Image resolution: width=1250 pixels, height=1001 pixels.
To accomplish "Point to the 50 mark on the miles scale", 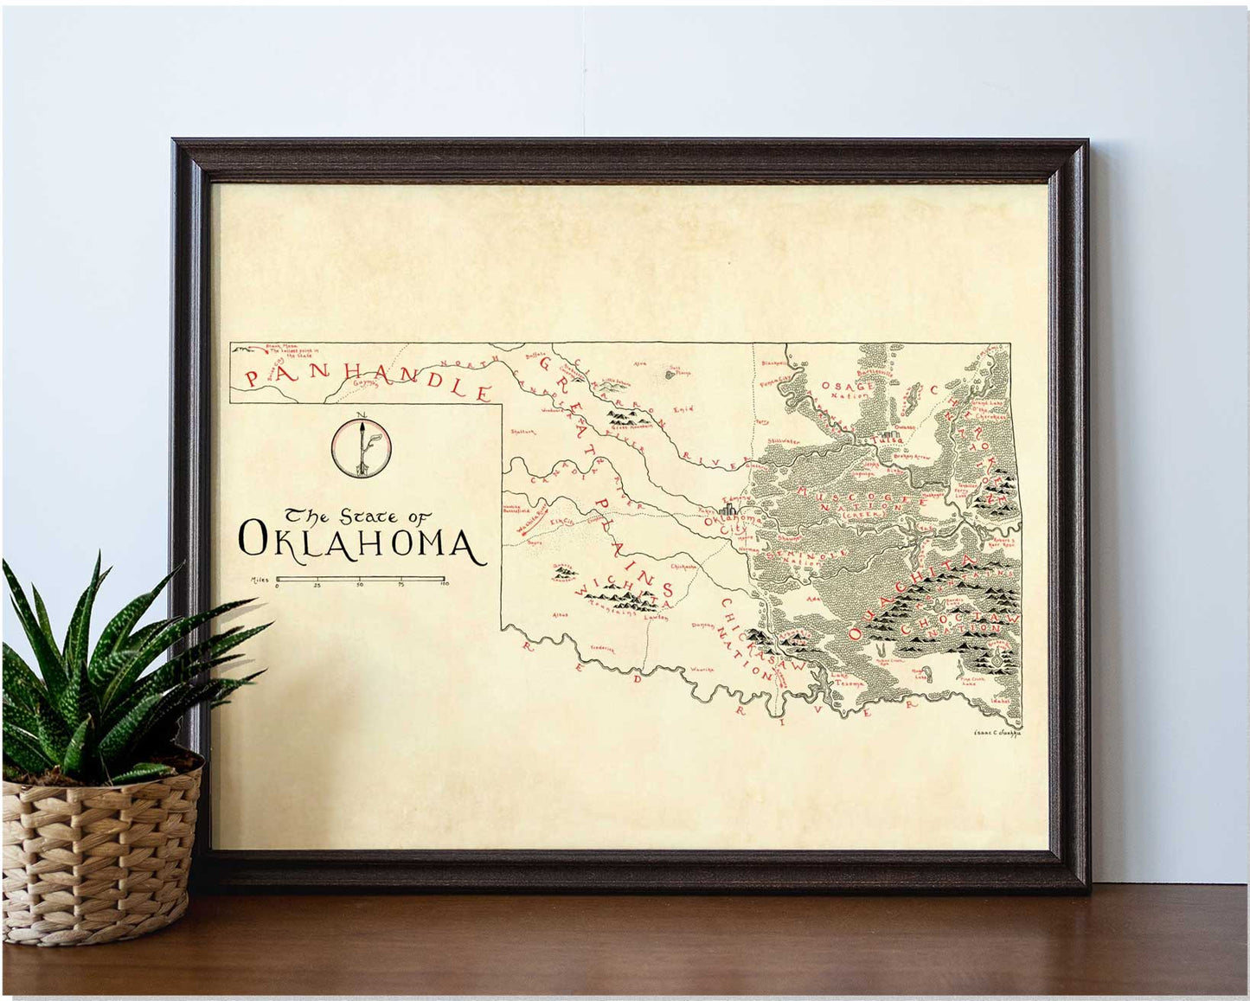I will click(360, 586).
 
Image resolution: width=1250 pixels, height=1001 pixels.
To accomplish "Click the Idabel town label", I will click(1002, 701).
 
